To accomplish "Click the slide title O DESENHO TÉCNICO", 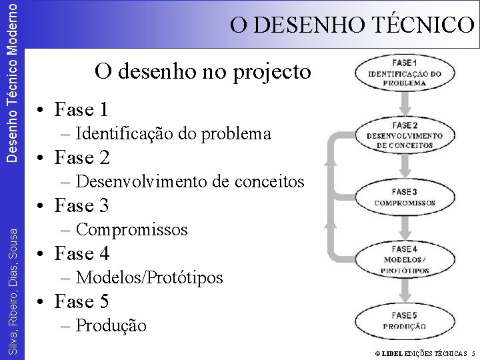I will (352, 25).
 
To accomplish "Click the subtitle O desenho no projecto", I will (203, 71).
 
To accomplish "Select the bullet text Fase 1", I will (81, 109).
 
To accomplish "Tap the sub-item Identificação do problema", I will (173, 134).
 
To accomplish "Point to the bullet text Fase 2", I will (81, 158).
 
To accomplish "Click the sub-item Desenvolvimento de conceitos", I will (190, 181).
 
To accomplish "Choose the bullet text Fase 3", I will (81, 205).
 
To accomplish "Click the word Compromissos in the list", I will (132, 230).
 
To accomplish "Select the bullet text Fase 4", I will (81, 254).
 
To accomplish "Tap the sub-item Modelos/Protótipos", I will (149, 277).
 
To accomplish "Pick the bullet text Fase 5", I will (81, 302).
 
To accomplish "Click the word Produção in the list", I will (111, 326).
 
